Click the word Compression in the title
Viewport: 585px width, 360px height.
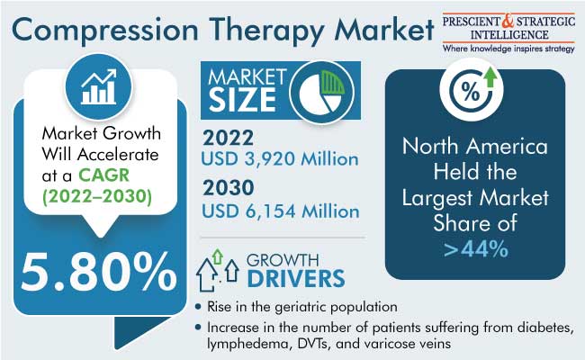104,31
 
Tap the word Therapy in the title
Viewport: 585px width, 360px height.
267,31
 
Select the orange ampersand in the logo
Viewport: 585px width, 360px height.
508,22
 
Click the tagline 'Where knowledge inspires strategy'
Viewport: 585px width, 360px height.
508,49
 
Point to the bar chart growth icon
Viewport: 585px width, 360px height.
98,86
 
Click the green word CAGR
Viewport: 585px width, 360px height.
103,175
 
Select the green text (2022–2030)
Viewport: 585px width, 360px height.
97,196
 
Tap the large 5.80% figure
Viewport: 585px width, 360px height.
98,272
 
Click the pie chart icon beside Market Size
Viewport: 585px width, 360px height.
321,92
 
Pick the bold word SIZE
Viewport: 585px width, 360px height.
242,100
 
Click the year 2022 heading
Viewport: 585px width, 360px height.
228,138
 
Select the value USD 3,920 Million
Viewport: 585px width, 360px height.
280,159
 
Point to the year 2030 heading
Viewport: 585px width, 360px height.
229,187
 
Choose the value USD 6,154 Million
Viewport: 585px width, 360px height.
281,211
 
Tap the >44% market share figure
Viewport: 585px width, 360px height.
476,248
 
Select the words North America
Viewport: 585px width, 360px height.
475,146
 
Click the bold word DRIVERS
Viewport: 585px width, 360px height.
296,278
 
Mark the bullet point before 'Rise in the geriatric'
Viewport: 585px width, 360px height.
198,308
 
